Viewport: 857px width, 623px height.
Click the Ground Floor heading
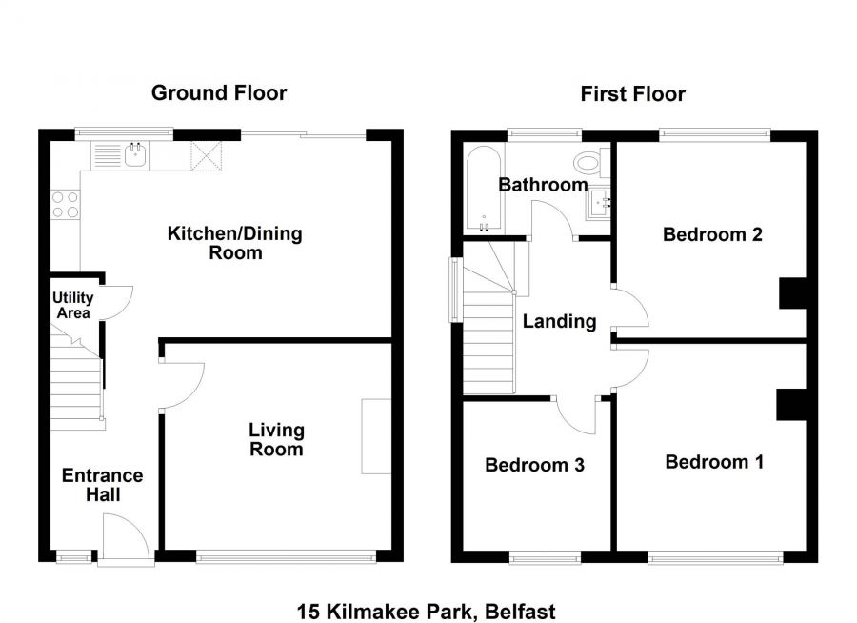pos(219,92)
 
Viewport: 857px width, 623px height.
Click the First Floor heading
pos(633,93)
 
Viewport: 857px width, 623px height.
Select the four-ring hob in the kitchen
pos(65,205)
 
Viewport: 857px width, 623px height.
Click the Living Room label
pos(276,440)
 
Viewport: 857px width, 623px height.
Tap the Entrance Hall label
pos(103,485)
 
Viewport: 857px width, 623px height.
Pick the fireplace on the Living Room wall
pos(376,436)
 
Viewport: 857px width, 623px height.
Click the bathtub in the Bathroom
pos(480,189)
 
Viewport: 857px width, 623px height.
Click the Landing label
pos(559,322)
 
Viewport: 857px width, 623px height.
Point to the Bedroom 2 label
pos(712,234)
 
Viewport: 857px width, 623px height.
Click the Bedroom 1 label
pos(714,462)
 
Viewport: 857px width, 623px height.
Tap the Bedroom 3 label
pos(534,465)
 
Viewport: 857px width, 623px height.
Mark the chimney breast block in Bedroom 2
pos(792,292)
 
